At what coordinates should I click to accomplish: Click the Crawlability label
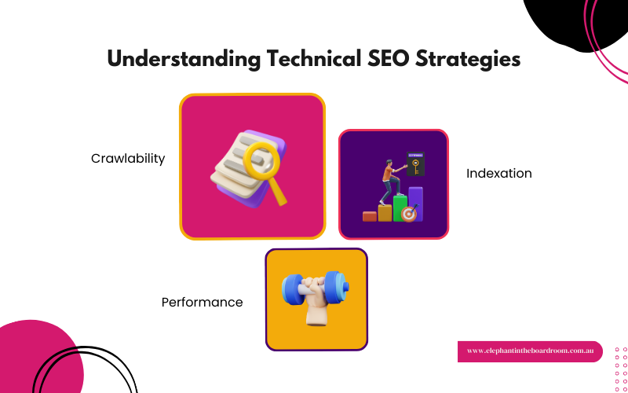(x=128, y=158)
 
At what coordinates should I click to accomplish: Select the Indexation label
(x=498, y=173)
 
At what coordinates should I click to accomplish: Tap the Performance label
(x=202, y=302)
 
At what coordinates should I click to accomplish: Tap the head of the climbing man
(x=387, y=163)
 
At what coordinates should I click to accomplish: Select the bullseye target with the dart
(x=408, y=213)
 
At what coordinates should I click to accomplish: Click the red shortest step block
(x=369, y=216)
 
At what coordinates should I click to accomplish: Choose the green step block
(x=400, y=208)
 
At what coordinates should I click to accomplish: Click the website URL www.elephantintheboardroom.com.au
(x=530, y=351)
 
